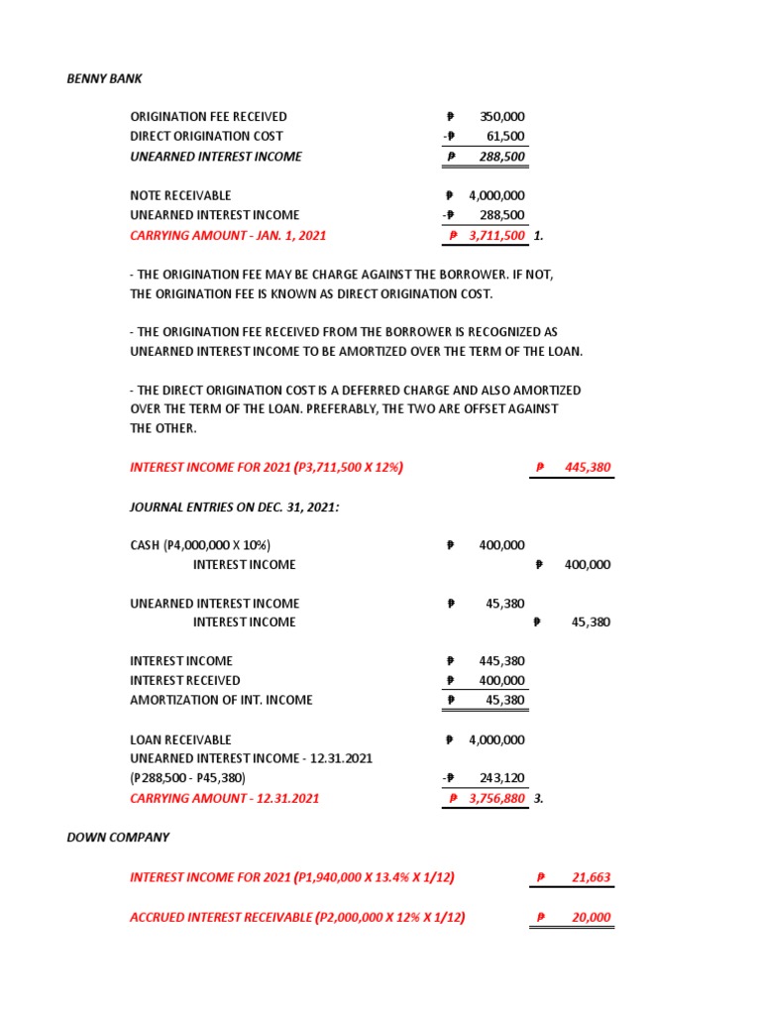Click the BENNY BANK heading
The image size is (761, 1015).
click(x=104, y=78)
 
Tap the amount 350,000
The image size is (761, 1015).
click(x=501, y=117)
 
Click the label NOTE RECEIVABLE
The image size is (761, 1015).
click(x=180, y=196)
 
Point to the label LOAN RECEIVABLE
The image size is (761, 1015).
click(x=180, y=739)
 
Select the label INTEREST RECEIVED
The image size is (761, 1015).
click(x=185, y=681)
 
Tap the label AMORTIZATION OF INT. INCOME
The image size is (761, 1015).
click(x=221, y=700)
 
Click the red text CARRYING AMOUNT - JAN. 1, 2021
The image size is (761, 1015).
click(x=228, y=236)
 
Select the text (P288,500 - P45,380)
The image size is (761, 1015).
click(x=188, y=778)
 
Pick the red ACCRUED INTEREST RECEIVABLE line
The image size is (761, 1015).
click(x=297, y=918)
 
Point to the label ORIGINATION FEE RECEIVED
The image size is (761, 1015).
click(x=208, y=117)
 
